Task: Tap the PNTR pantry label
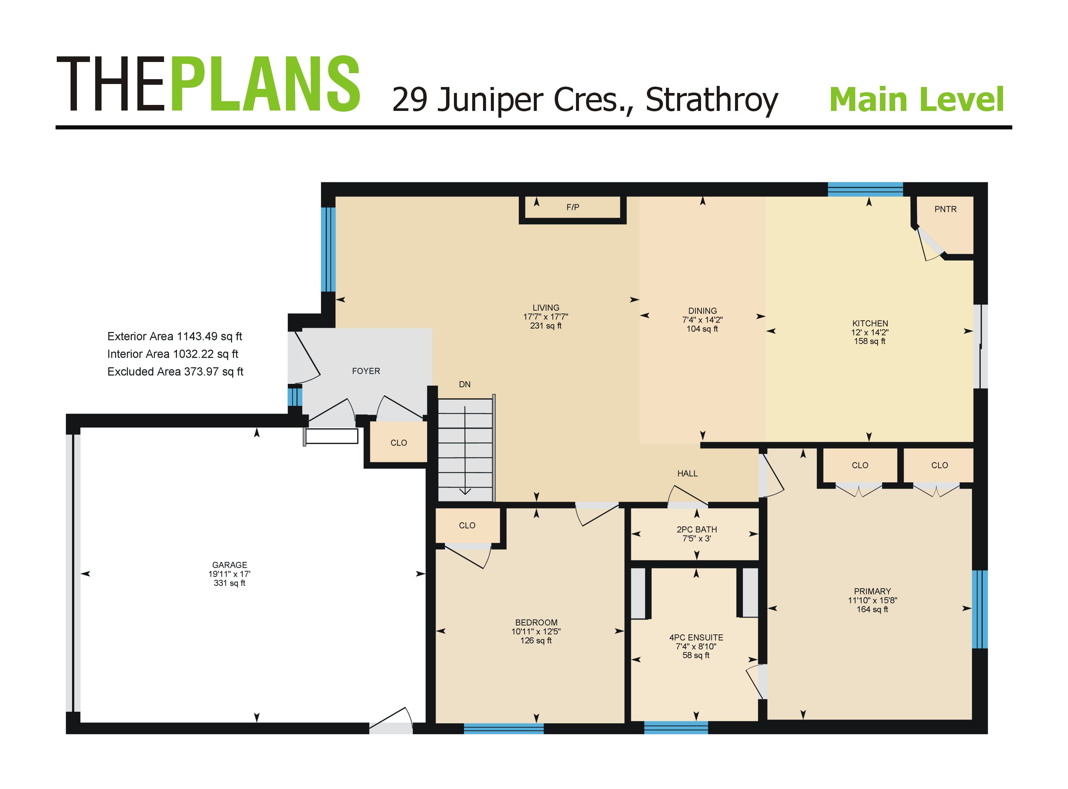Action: point(945,209)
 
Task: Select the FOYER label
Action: point(366,371)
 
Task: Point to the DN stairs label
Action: point(464,385)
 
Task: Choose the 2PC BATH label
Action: point(697,529)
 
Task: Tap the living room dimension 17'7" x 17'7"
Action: point(546,317)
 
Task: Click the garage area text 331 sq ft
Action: point(229,583)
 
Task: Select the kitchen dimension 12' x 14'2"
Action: point(869,332)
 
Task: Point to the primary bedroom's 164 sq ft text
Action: point(872,609)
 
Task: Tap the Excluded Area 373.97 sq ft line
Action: point(175,372)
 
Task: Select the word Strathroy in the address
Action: point(712,100)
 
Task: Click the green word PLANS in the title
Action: point(265,84)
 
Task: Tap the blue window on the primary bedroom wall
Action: point(980,609)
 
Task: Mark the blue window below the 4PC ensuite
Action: point(676,727)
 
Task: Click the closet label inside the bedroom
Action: point(467,525)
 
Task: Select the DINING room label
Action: point(702,311)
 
